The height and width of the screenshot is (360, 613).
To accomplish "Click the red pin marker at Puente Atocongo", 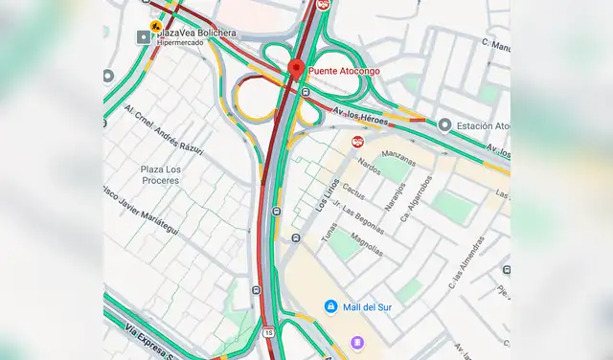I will click(x=296, y=68).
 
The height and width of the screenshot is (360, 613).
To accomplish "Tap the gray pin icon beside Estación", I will click(x=444, y=124).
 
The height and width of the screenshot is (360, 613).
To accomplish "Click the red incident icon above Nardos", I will click(x=356, y=142).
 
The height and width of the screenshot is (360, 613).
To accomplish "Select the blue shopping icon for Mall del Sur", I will click(x=329, y=306).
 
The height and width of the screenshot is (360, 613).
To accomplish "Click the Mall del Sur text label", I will click(x=368, y=306).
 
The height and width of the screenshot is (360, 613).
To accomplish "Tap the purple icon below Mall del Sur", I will click(x=356, y=343).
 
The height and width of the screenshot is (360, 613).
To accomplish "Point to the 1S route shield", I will click(x=268, y=332).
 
